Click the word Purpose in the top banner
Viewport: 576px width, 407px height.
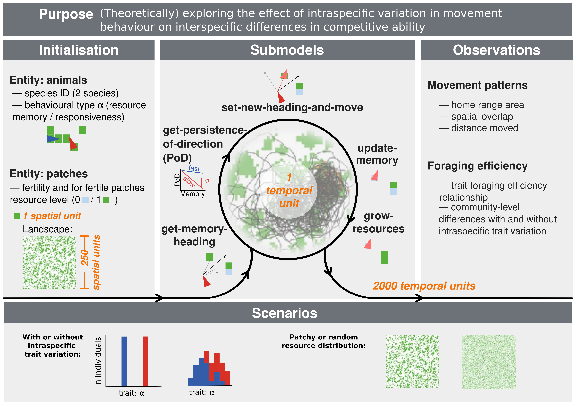[66, 14]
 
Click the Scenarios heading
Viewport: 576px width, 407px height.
[284, 313]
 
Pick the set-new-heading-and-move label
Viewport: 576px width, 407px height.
[292, 107]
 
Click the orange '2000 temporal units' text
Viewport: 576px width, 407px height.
[424, 286]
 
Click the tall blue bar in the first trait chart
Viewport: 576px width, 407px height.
[124, 361]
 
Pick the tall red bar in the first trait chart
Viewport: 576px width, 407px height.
[145, 361]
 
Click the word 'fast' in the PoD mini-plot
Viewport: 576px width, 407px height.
[194, 168]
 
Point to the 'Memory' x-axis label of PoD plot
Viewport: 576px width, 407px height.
[192, 194]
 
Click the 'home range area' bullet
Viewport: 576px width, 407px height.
[487, 105]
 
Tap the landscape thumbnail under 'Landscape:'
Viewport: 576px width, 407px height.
[49, 263]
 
